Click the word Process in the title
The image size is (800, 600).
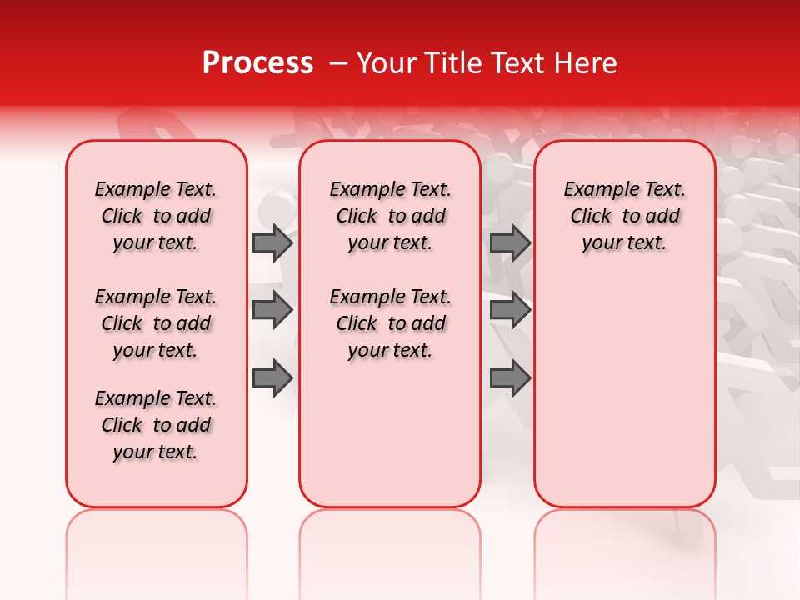click(257, 63)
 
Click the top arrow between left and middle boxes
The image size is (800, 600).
click(272, 242)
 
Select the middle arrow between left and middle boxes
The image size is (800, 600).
click(272, 311)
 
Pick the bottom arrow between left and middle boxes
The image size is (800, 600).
click(272, 378)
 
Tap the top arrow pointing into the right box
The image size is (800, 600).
click(511, 242)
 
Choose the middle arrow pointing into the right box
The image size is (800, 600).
click(511, 311)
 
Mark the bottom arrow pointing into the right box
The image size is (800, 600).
click(511, 378)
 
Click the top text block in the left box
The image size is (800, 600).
click(156, 216)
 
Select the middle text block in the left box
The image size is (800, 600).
click(156, 323)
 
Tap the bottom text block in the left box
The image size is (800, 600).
click(156, 425)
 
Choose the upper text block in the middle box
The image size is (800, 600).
click(390, 216)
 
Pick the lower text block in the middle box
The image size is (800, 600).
click(390, 323)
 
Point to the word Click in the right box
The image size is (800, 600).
click(591, 216)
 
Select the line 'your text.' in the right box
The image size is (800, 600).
click(624, 242)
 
